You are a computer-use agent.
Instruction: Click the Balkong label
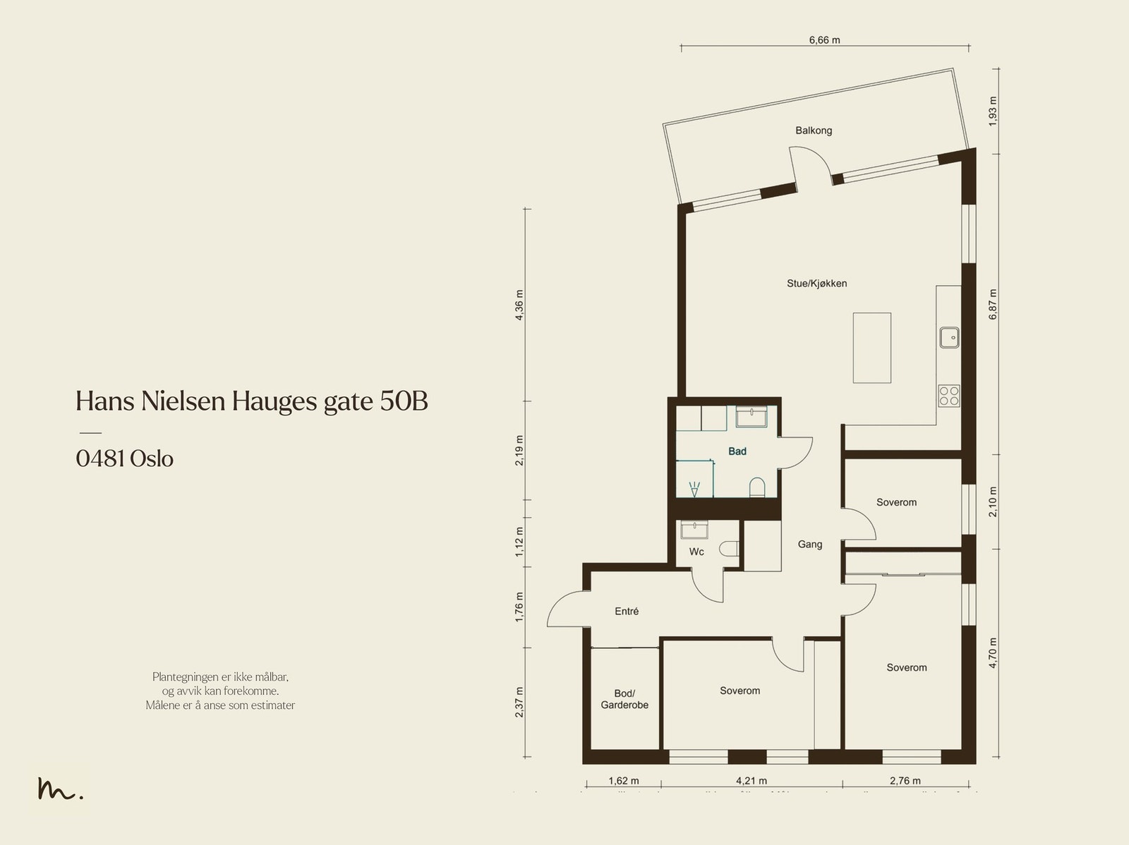814,130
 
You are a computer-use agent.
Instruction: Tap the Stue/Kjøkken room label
816,284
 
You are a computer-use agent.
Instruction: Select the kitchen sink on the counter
949,338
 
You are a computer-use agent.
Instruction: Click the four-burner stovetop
949,396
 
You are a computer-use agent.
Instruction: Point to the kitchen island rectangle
871,348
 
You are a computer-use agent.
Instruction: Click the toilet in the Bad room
757,487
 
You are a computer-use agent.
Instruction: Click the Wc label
696,552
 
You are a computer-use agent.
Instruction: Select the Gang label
809,545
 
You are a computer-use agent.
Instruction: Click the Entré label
627,612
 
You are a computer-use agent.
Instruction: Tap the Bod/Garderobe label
624,699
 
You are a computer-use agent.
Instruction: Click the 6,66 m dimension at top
824,40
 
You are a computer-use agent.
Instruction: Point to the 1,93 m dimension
993,111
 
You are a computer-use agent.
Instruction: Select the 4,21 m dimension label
751,781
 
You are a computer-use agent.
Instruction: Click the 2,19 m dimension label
519,451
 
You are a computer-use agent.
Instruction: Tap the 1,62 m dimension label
624,781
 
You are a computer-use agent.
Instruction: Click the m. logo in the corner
60,789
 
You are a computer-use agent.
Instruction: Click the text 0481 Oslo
125,459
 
